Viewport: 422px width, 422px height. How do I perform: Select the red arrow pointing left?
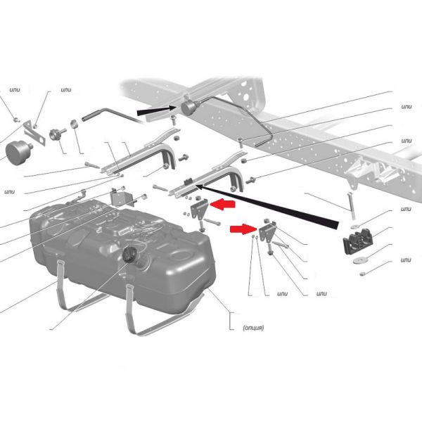pyautogui.click(x=222, y=205)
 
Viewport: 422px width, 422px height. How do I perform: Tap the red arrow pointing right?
pyautogui.click(x=243, y=229)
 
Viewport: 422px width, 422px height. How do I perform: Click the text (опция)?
pyautogui.click(x=253, y=328)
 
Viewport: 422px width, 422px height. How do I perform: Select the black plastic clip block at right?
pyautogui.click(x=357, y=241)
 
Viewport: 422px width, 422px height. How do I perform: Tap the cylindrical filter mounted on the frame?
pyautogui.click(x=189, y=107)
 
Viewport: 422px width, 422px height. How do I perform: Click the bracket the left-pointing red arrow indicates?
pyautogui.click(x=199, y=210)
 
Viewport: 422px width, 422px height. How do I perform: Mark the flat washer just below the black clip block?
pyautogui.click(x=359, y=260)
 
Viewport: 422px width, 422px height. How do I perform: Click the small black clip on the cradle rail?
pyautogui.click(x=187, y=181)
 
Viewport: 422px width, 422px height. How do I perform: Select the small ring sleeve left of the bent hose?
pyautogui.click(x=75, y=124)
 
